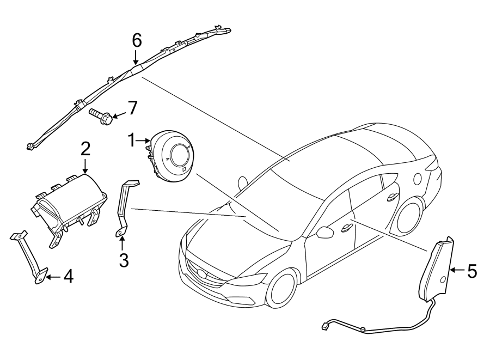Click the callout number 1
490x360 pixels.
coord(131,141)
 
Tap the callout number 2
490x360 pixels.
coord(85,149)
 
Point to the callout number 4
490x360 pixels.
coord(68,277)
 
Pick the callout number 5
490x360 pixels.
coord(471,270)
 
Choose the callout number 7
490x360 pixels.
coord(132,108)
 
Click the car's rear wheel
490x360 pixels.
coord(410,215)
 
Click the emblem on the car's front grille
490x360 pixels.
coord(203,273)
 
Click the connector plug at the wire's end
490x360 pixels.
coord(326,327)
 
